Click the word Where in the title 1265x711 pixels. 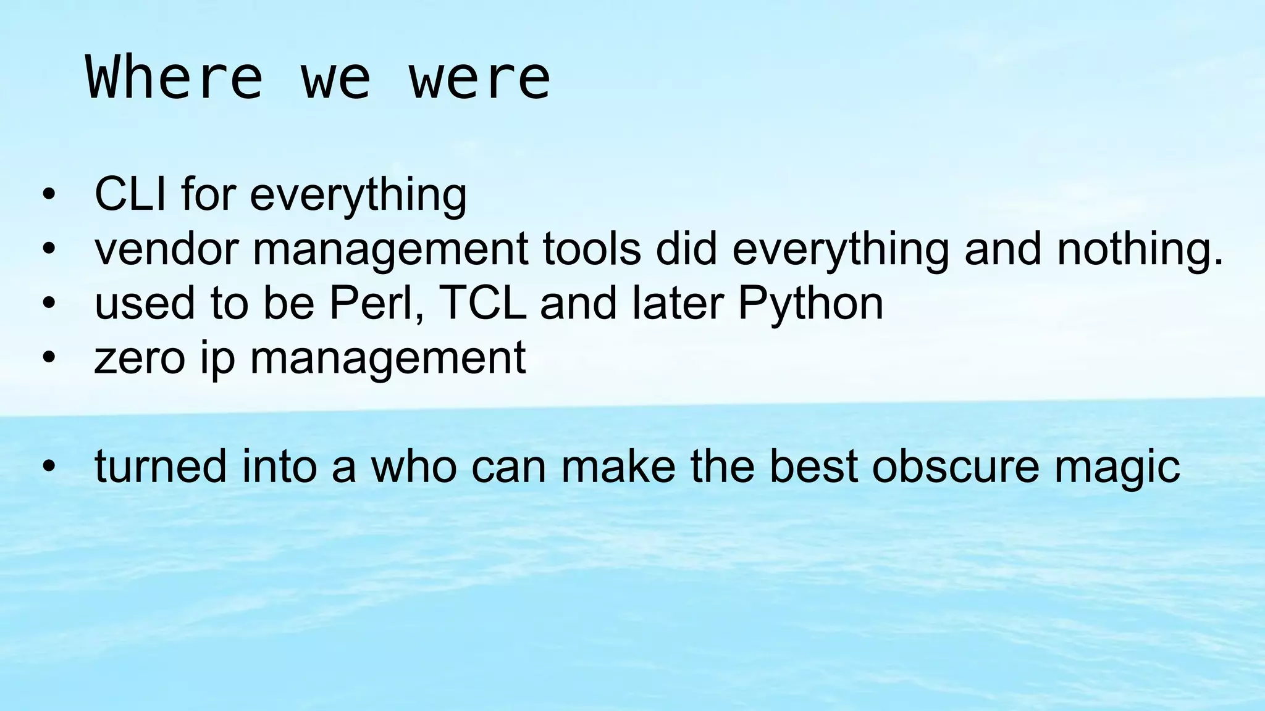pos(174,78)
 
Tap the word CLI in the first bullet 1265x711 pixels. pos(130,194)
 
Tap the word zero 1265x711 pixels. pos(140,357)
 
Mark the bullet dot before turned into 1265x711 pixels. pos(49,468)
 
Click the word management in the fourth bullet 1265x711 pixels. pos(387,357)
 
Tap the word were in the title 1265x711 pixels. pos(479,78)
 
